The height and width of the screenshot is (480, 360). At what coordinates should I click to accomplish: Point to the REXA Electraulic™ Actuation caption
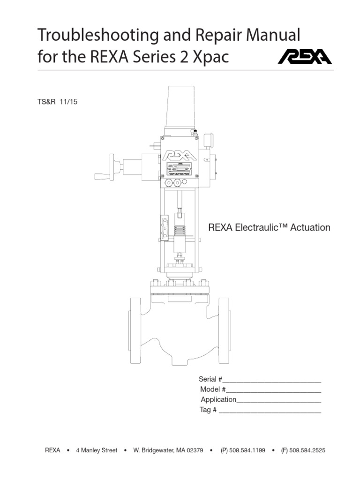[269, 228]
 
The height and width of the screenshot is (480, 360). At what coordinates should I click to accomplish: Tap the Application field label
[218, 399]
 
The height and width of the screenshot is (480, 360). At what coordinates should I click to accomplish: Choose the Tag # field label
[209, 410]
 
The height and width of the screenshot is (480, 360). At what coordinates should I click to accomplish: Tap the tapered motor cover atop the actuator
[180, 108]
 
